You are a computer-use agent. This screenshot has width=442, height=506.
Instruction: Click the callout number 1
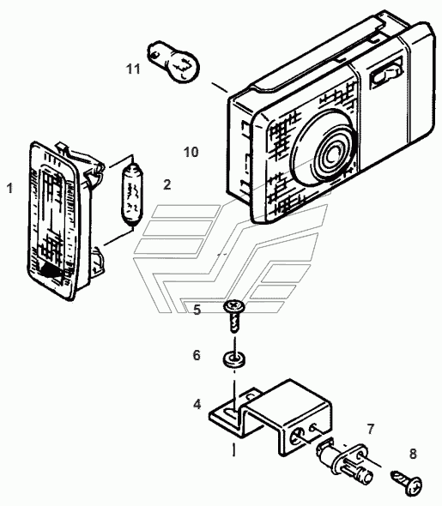click(10, 188)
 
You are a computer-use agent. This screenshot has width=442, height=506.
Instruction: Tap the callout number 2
click(167, 184)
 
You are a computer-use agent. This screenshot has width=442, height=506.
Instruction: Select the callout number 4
click(197, 404)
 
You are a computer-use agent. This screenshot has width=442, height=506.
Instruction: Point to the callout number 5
click(197, 310)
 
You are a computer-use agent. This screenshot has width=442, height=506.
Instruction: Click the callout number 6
click(197, 355)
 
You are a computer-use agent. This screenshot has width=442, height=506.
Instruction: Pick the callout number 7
click(370, 429)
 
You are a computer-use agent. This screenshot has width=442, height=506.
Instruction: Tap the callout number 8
click(413, 454)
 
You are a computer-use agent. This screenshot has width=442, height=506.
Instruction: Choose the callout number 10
click(191, 152)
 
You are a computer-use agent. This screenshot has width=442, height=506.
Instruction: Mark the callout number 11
click(133, 69)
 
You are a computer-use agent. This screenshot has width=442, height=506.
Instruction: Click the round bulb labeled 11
click(173, 61)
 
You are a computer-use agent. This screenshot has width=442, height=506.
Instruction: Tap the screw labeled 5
click(234, 316)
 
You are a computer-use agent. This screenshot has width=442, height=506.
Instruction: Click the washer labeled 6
click(233, 359)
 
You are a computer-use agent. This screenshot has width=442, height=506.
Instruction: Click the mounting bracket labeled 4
click(270, 417)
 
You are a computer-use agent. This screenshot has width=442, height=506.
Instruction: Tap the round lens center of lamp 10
click(332, 154)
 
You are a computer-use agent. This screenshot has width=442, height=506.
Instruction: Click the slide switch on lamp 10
click(386, 75)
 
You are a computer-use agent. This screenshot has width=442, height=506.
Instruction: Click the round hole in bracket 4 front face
click(297, 437)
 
